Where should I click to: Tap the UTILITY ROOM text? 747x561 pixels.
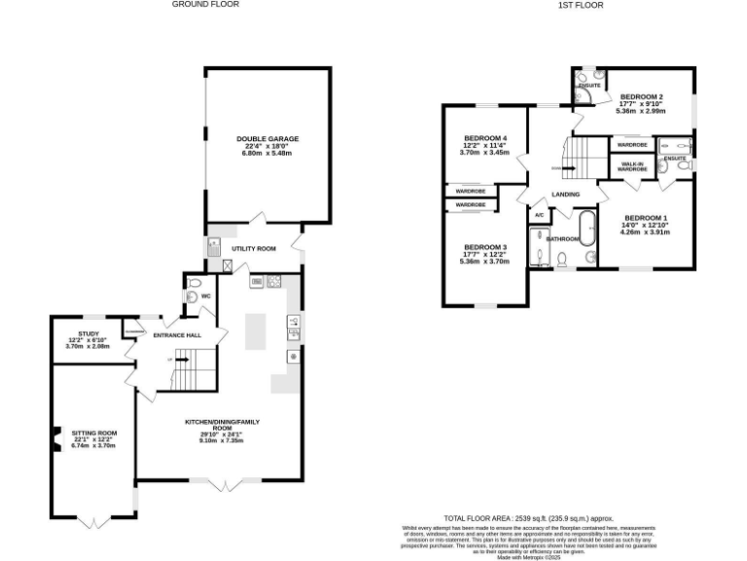253,248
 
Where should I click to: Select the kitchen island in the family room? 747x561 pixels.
255,331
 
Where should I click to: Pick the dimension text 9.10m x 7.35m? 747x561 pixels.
221,441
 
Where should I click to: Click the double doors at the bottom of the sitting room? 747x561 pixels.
94,521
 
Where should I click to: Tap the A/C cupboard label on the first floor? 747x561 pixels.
538,214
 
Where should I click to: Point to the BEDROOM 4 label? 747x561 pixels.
484,138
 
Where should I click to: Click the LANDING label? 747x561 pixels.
565,195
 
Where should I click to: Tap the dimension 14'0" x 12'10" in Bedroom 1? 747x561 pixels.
646,225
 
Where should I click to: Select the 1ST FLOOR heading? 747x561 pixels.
581,5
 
